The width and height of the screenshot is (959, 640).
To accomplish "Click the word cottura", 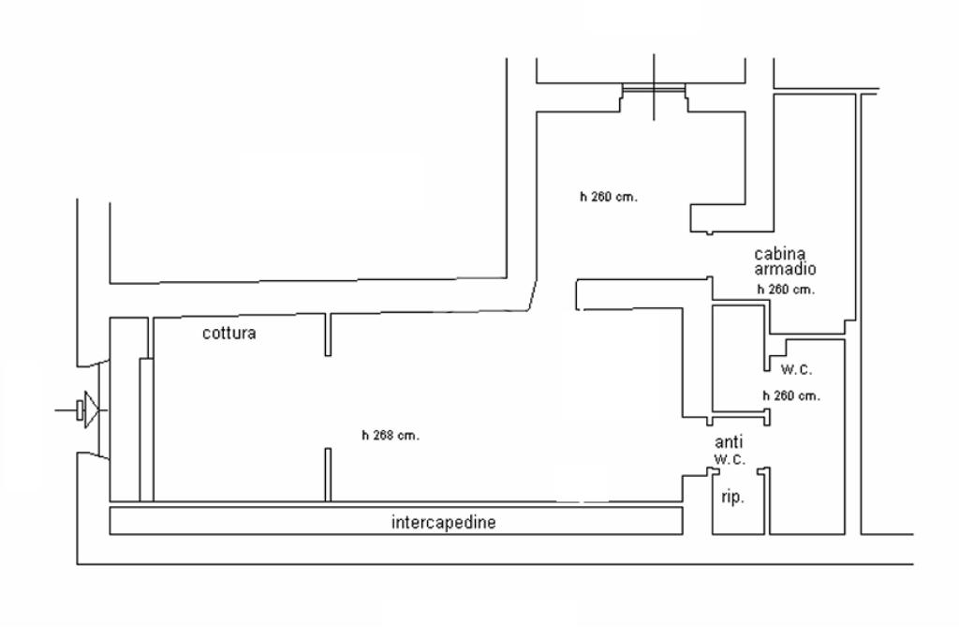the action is pos(229,333).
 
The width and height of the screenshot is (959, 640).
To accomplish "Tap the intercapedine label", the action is pos(443,523).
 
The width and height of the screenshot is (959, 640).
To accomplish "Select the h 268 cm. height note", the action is pos(391,435).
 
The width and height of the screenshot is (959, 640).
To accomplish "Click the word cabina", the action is pos(780,254).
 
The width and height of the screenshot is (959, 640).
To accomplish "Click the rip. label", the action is pos(732,498).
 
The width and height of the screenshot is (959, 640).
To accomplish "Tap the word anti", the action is pos(729,442).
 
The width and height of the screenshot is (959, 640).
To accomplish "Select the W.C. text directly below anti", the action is pos(729,459).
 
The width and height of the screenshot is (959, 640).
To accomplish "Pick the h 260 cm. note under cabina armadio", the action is pos(786,290).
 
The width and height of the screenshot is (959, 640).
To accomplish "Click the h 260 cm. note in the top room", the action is pos(608,197).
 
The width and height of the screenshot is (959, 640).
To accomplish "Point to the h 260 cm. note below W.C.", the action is pos(791,395).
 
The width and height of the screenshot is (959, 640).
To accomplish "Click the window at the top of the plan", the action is pos(654,89).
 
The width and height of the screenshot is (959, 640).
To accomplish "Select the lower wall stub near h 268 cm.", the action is pos(328,474).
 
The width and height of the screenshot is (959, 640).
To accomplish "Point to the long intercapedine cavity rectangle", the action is pos(281,521).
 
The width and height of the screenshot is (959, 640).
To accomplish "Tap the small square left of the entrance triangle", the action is pos(81,409).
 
